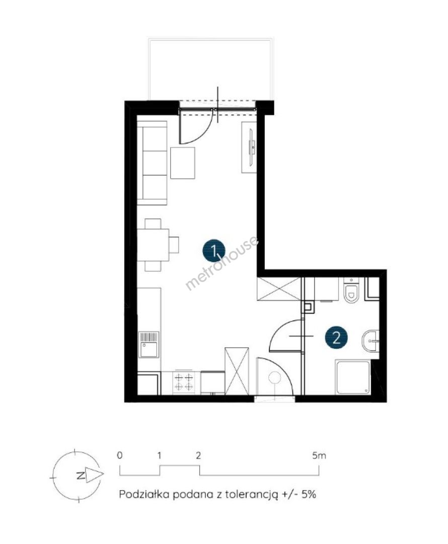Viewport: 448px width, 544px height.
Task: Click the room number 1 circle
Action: point(214,250)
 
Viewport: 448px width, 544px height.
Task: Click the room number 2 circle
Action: point(336,337)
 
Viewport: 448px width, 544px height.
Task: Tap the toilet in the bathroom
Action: point(352,291)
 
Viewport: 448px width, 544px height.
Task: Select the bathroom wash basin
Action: point(370,341)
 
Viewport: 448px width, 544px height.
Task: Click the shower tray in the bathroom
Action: point(353,377)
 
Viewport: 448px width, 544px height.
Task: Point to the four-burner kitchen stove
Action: point(184,382)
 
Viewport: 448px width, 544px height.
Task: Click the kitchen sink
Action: point(149,345)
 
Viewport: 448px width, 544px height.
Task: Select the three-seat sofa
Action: point(152,163)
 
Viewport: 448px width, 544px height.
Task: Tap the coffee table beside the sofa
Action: point(182,163)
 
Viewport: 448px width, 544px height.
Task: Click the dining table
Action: point(153,245)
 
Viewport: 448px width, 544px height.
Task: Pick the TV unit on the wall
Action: point(249,147)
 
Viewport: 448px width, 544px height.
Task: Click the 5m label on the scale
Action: point(319,455)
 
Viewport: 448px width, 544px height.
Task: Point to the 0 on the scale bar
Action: point(120,455)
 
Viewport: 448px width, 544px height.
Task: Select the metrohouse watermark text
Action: point(222,262)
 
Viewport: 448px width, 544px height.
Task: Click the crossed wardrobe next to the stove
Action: point(237,371)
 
